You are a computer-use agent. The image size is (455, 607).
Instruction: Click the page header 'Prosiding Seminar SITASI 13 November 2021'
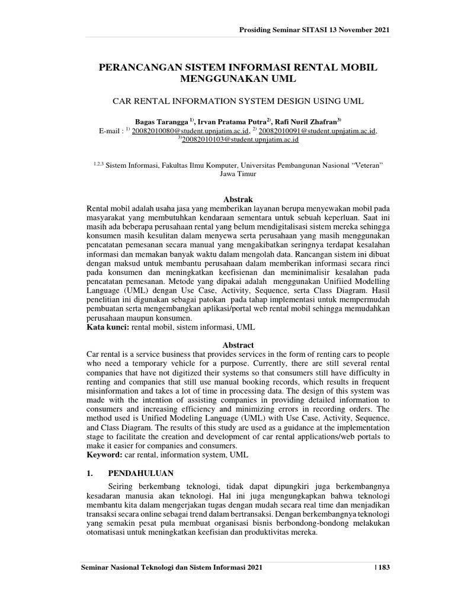click(x=314, y=30)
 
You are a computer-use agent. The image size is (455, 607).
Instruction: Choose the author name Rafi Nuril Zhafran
click(x=307, y=120)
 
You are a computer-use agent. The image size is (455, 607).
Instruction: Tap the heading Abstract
click(x=238, y=345)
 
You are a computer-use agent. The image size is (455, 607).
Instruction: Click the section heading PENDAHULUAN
click(x=140, y=473)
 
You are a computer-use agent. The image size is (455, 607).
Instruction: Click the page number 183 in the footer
click(x=385, y=568)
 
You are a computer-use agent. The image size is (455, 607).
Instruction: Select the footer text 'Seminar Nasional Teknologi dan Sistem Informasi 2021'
click(x=171, y=568)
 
